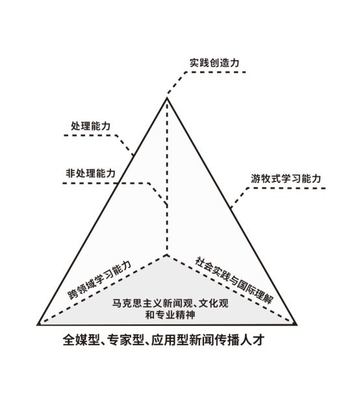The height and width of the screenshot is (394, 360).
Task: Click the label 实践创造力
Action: point(214,63)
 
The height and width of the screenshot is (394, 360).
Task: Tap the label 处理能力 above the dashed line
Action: point(91,126)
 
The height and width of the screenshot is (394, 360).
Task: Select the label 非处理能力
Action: point(91,174)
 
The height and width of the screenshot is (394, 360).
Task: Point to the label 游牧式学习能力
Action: point(286,179)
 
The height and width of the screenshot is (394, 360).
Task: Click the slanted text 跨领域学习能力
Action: point(99,280)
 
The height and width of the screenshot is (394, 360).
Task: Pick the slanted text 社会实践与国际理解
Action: point(234,280)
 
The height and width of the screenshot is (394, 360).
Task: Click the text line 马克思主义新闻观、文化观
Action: point(170,303)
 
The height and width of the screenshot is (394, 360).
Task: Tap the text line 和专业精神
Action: point(170,315)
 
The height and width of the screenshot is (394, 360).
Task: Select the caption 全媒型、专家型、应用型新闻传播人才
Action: point(163,340)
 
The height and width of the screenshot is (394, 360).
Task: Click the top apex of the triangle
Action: point(167,98)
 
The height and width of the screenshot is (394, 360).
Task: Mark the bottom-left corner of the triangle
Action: point(38,324)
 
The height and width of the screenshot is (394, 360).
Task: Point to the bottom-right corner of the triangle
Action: point(297,324)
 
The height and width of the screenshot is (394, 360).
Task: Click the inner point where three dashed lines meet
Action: point(167,256)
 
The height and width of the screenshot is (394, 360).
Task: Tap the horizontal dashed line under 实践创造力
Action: point(216,72)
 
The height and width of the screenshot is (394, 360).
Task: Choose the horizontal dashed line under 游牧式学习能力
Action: point(287,188)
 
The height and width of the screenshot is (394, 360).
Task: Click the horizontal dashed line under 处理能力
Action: point(90,135)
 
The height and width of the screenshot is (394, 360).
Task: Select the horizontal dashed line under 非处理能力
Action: point(106,183)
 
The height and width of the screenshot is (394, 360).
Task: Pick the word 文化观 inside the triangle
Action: point(214,303)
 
